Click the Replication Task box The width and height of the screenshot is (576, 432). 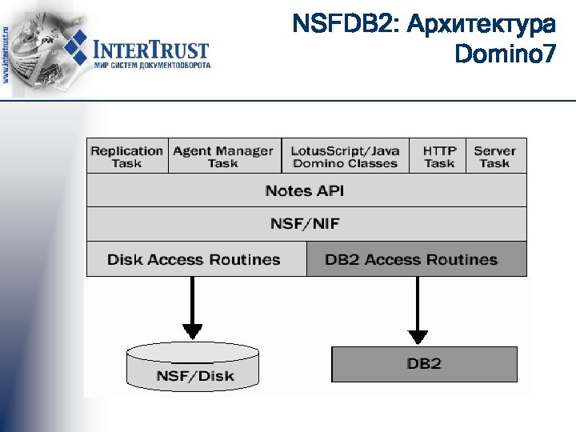click(x=126, y=156)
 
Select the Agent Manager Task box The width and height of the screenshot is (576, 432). click(x=223, y=156)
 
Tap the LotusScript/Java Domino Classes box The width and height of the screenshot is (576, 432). click(x=345, y=156)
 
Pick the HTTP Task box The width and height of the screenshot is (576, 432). click(x=439, y=156)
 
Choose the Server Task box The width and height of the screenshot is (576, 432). click(x=494, y=156)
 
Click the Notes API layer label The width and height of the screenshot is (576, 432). click(x=304, y=190)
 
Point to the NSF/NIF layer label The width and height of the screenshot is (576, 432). click(x=304, y=224)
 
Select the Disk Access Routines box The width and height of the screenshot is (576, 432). click(x=194, y=259)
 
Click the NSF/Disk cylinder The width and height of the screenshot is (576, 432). click(x=193, y=367)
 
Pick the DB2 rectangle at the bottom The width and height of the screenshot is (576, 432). click(x=424, y=364)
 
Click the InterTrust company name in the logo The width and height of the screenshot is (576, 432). click(x=151, y=49)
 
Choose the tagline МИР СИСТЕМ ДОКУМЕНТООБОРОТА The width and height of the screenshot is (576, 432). click(x=152, y=66)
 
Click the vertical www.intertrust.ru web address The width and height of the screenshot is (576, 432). click(x=7, y=48)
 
